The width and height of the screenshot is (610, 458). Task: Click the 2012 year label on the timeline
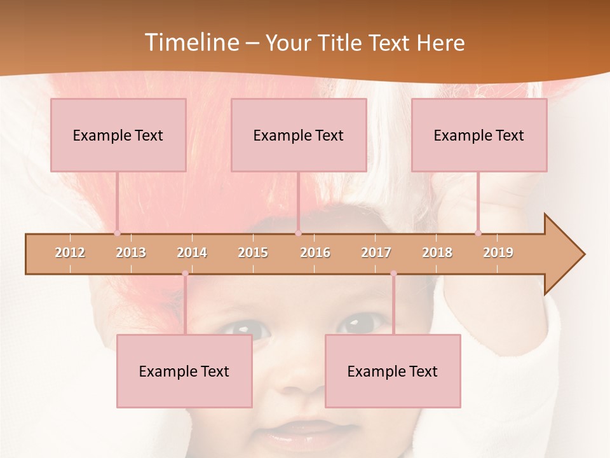click(x=70, y=253)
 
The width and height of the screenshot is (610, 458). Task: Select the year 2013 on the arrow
click(x=131, y=253)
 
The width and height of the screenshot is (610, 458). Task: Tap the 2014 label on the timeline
click(x=192, y=253)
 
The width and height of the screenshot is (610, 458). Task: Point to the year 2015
click(x=253, y=253)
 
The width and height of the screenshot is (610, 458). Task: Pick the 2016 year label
click(x=315, y=253)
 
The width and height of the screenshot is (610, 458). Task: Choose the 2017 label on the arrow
click(x=376, y=253)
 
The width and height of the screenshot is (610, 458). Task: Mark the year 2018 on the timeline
click(x=437, y=253)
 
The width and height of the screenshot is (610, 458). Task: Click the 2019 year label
click(x=498, y=253)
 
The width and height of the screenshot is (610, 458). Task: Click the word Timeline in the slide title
click(x=190, y=43)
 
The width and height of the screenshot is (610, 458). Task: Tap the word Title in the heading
click(x=342, y=43)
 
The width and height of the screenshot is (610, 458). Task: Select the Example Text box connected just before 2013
click(x=118, y=135)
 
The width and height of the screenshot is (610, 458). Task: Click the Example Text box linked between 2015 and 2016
click(x=299, y=135)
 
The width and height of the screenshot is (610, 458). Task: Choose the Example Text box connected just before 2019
click(x=479, y=135)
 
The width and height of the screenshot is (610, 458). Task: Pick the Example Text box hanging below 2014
click(x=184, y=371)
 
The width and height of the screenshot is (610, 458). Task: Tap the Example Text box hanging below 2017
click(x=393, y=371)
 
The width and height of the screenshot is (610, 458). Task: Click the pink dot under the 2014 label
click(x=185, y=274)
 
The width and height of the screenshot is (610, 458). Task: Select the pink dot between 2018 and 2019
click(x=478, y=233)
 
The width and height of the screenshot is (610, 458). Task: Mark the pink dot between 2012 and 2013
click(x=117, y=233)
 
